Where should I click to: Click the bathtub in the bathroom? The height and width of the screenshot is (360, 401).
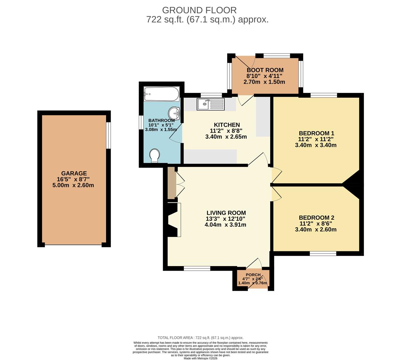click(161, 94)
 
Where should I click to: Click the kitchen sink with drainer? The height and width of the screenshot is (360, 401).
click(211, 104)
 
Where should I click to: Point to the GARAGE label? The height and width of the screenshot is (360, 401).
click(74, 173)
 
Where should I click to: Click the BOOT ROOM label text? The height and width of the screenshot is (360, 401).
click(265, 70)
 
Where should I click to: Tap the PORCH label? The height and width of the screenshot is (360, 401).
click(253, 275)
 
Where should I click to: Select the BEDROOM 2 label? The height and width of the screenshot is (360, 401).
click(317, 218)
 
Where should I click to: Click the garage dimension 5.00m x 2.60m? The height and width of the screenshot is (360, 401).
click(73, 185)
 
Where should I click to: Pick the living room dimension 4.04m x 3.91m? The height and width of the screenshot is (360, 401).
click(226, 225)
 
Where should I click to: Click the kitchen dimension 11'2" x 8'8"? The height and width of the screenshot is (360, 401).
click(226, 131)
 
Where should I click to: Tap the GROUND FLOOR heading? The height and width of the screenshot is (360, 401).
click(199, 10)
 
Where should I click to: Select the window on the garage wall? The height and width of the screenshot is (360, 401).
click(108, 135)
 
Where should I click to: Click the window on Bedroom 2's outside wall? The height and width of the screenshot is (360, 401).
click(323, 253)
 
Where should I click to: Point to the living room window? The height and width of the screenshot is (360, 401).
click(197, 268)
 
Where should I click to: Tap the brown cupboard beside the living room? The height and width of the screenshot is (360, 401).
click(171, 183)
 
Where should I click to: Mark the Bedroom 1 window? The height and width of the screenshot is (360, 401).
click(324, 95)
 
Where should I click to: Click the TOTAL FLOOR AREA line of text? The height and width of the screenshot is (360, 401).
click(200, 338)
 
